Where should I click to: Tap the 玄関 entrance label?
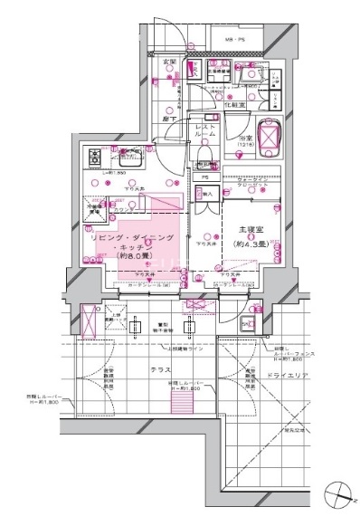click(169, 62)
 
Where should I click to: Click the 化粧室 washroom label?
click(235, 105)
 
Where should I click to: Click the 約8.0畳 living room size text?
click(136, 256)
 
